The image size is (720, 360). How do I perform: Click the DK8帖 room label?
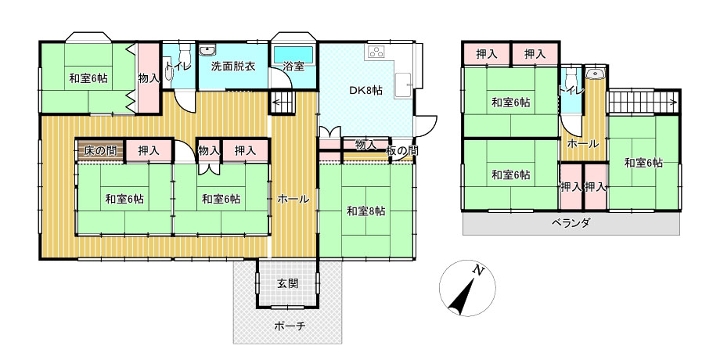[366, 91]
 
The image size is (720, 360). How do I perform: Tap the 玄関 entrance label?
[287, 283]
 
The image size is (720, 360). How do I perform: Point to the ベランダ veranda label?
[571, 223]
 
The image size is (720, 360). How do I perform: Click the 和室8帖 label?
[366, 211]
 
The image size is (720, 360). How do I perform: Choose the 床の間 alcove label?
[100, 150]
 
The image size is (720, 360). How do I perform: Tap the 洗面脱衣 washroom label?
[232, 66]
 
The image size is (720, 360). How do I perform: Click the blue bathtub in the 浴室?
[293, 54]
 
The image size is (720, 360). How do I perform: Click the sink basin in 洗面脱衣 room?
[208, 49]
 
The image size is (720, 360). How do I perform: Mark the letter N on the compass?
[479, 271]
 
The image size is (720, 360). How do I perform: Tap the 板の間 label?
[401, 150]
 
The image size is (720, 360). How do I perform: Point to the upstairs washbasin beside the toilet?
[596, 73]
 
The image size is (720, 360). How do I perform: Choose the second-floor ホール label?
[583, 144]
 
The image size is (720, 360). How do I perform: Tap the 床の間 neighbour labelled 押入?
[149, 150]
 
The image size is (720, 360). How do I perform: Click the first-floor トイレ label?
[178, 67]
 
